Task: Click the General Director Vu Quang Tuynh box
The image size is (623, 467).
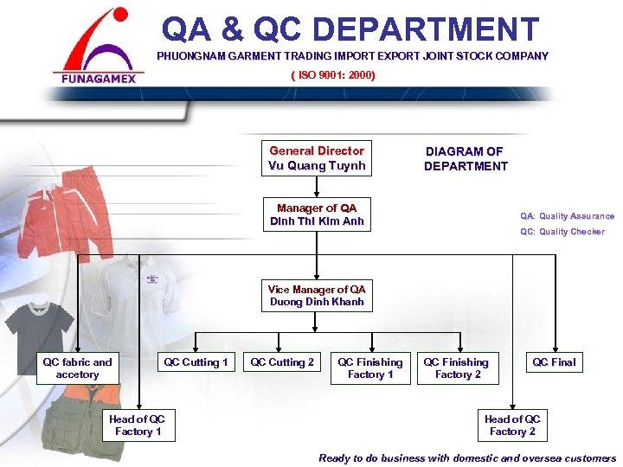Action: click(x=317, y=158)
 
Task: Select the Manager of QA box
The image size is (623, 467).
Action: click(x=317, y=214)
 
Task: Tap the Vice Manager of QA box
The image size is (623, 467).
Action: click(x=317, y=296)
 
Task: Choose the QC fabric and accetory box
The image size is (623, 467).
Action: click(x=77, y=368)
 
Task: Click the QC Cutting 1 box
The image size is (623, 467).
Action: click(x=196, y=362)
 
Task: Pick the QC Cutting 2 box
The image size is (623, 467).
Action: click(x=282, y=362)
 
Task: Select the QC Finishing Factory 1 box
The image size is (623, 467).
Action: click(x=369, y=368)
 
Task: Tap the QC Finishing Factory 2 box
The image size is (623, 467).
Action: click(x=456, y=368)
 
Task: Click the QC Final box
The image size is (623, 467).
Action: click(x=554, y=362)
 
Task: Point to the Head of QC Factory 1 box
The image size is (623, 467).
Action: click(x=137, y=425)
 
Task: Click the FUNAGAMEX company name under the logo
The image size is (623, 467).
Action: click(x=98, y=77)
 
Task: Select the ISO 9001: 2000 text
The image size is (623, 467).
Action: click(x=333, y=75)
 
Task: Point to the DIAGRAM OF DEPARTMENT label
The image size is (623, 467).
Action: click(x=466, y=158)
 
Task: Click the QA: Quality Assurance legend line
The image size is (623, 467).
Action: click(x=567, y=216)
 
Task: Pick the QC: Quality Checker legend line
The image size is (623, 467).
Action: click(x=562, y=232)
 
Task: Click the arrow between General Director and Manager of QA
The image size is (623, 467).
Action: click(x=317, y=186)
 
